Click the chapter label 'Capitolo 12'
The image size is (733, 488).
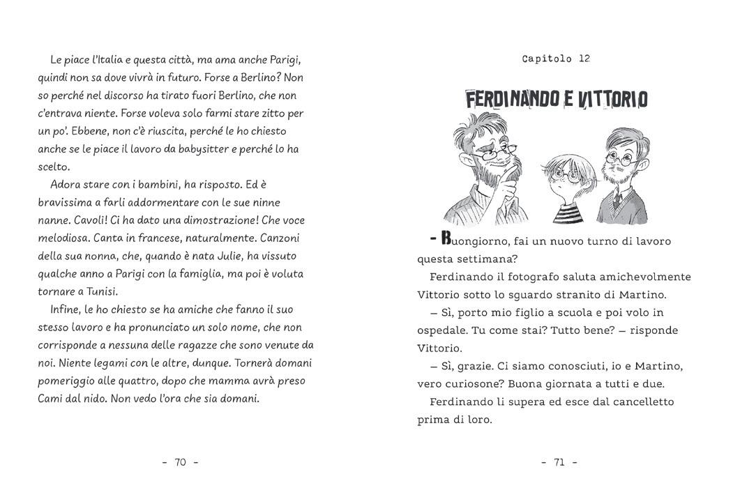[x=556, y=59]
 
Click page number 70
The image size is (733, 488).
[x=181, y=462]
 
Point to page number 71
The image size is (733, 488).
[x=559, y=462]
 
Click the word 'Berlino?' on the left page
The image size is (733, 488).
[x=264, y=77]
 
